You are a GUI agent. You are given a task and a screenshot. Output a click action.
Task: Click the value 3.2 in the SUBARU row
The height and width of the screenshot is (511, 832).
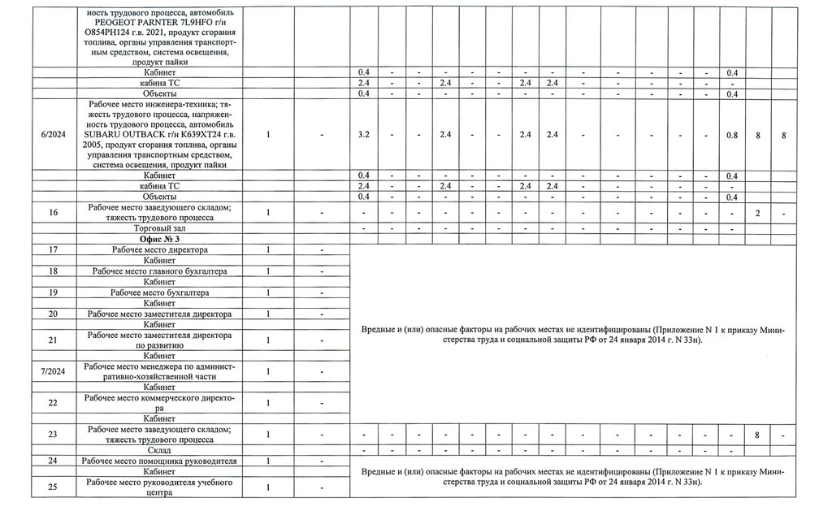[x=364, y=135]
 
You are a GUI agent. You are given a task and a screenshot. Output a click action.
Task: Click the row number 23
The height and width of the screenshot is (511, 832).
[x=52, y=435]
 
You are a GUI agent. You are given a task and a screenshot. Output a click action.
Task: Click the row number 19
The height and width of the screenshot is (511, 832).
[x=52, y=292]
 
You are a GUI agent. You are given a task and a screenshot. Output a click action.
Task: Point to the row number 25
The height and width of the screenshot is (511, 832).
[x=52, y=487]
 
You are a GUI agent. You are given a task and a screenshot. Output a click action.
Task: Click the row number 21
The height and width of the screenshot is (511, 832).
[x=52, y=340]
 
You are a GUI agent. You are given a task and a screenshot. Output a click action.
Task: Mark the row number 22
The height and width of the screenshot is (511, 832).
[x=52, y=403]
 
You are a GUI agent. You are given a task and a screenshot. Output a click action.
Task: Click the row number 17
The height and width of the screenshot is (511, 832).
[x=52, y=249]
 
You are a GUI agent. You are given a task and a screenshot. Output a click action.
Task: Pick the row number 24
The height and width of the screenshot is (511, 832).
[x=52, y=461]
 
